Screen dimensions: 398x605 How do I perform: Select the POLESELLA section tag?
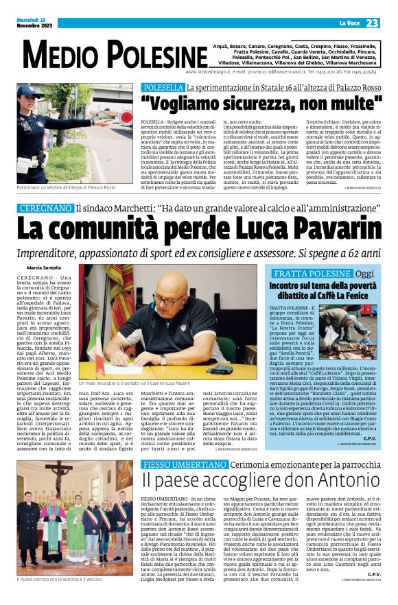(x=163, y=87)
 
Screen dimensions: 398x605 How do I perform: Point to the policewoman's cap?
(x=32, y=92)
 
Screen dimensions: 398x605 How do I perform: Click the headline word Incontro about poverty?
(x=290, y=285)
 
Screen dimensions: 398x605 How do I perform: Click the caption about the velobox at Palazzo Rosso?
(x=67, y=187)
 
